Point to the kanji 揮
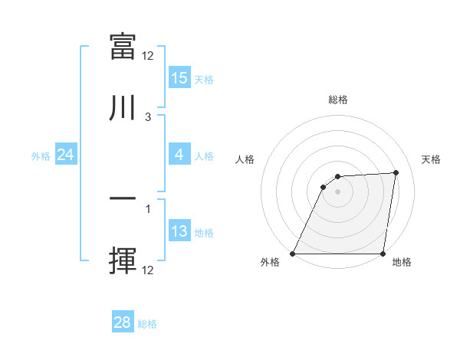click(x=123, y=260)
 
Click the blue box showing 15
click(x=179, y=78)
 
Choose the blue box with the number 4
click(x=179, y=155)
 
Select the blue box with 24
click(x=65, y=155)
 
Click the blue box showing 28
click(x=122, y=322)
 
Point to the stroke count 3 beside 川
click(x=148, y=117)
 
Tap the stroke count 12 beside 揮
click(x=148, y=270)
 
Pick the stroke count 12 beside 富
click(x=148, y=56)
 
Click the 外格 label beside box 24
click(x=41, y=156)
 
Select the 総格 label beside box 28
click(x=147, y=324)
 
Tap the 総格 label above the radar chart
click(x=337, y=100)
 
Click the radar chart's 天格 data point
click(x=396, y=172)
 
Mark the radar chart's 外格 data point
click(x=293, y=254)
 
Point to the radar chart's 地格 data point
click(x=383, y=254)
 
